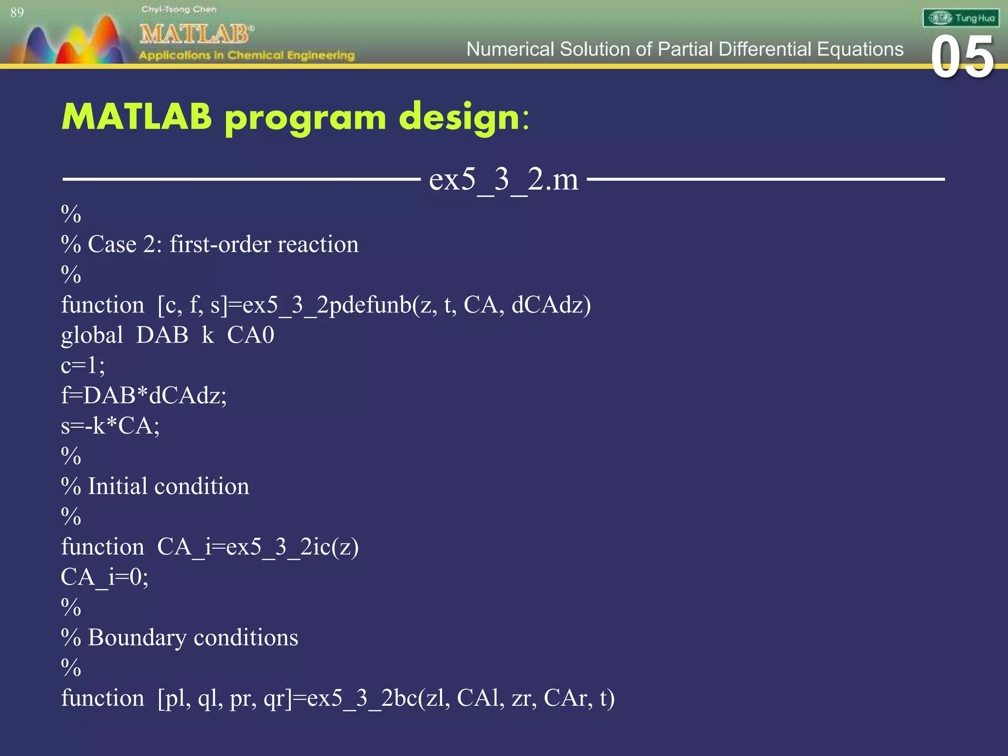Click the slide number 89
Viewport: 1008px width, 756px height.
point(17,13)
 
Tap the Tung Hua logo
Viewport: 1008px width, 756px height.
point(960,19)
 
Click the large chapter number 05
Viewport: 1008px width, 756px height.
point(962,58)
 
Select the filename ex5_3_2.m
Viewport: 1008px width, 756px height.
point(504,180)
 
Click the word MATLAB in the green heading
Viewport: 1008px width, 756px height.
point(137,117)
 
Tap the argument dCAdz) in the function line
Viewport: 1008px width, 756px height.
point(551,305)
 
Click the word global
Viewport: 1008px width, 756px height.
point(92,336)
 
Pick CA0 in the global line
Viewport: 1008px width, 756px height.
point(250,336)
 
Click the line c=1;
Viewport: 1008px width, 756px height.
point(83,366)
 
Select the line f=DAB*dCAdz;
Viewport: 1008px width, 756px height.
point(144,396)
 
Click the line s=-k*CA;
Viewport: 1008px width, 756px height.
point(110,426)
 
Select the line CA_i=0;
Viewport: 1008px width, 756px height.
point(104,577)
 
